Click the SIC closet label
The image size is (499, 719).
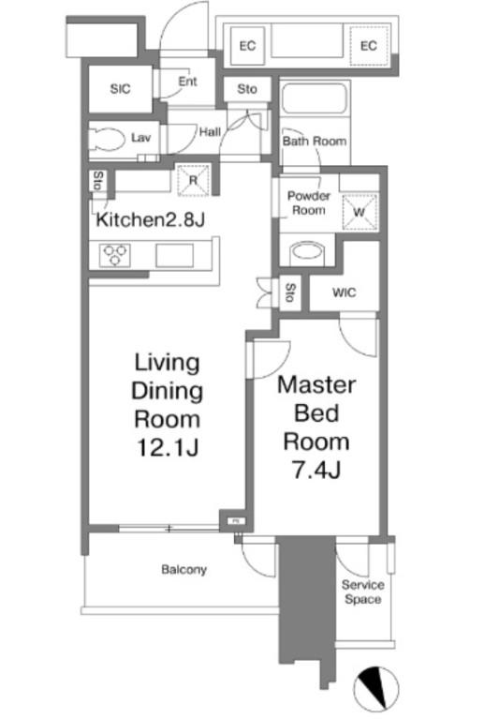[120, 89]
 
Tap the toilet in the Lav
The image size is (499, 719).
[107, 139]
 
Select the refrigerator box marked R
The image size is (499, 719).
[193, 180]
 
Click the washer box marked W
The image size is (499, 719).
[360, 212]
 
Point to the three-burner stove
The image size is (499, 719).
[115, 255]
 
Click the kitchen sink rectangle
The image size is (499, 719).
[174, 255]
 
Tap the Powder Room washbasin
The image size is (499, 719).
[308, 251]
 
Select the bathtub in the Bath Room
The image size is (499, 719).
[314, 97]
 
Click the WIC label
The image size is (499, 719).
[345, 292]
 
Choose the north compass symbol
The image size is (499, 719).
[375, 689]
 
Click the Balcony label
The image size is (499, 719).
[184, 570]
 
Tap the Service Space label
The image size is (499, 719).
[363, 592]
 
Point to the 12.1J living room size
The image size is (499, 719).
[168, 447]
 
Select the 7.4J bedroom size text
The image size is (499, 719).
[316, 470]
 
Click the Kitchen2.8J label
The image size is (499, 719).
[150, 220]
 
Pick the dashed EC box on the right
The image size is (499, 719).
[369, 45]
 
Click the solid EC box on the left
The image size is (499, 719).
[247, 45]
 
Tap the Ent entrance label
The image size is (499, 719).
[187, 82]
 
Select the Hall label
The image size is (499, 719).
[210, 132]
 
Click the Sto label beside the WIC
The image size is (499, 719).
[290, 292]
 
